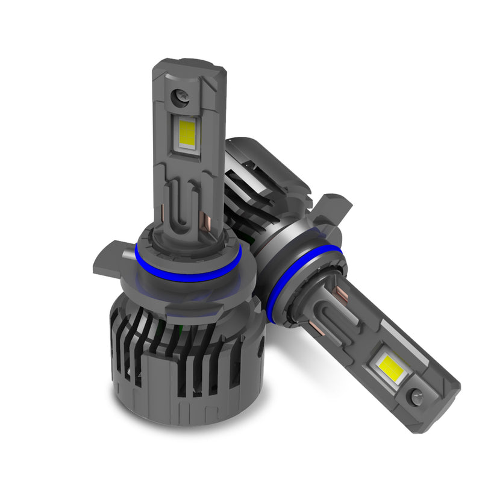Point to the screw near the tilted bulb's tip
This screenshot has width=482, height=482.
tap(416, 396)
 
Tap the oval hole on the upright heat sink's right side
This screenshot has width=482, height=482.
tap(258, 349)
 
